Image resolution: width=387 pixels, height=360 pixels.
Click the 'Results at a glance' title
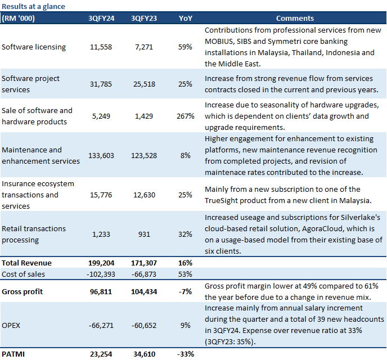[x=33, y=6]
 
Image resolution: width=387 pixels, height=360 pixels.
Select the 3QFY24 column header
[x=101, y=18]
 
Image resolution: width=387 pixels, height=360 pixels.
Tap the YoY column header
[x=186, y=18]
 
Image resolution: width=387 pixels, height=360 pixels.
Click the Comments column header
[x=295, y=18]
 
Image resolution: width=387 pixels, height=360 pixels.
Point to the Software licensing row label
[x=34, y=47]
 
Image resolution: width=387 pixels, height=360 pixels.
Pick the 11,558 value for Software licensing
[x=101, y=47]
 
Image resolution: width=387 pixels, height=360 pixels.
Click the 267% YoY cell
[x=186, y=116]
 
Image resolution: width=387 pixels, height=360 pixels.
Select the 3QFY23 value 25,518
[x=144, y=84]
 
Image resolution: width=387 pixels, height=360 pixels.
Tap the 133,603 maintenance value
[x=101, y=155]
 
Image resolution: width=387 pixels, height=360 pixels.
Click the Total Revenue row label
[x=26, y=263]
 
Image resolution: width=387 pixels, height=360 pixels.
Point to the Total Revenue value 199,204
[x=101, y=263]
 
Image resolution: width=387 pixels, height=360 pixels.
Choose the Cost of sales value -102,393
[x=101, y=274]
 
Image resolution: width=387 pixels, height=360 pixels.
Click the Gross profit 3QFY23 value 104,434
[x=144, y=291]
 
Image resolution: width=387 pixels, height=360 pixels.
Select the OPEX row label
[x=11, y=326]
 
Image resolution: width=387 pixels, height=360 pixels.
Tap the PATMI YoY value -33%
[x=186, y=354]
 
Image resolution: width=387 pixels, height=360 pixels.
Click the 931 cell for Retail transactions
[x=144, y=234]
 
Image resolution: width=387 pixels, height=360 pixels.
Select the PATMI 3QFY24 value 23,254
[x=101, y=354]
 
